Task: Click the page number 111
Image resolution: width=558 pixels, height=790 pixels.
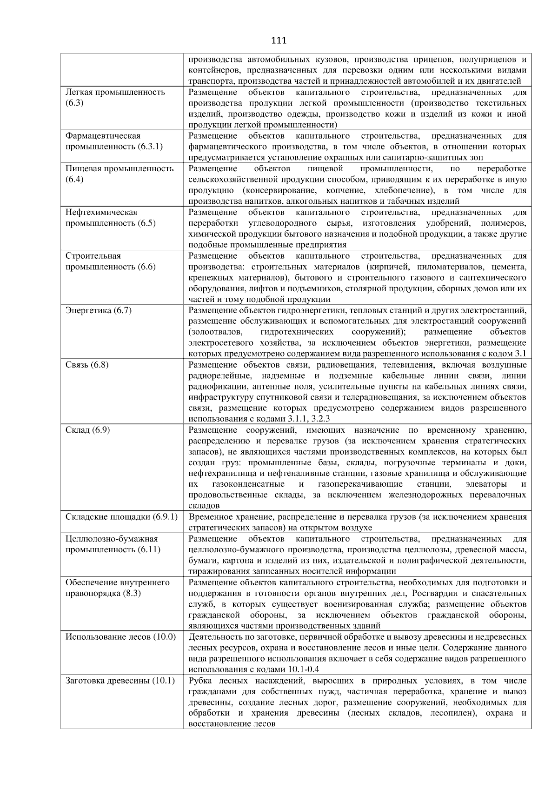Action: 279,40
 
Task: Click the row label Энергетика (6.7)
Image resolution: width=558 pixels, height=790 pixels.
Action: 99,310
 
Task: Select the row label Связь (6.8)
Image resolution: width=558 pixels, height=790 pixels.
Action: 87,365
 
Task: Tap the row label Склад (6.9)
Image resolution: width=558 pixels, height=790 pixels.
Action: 87,430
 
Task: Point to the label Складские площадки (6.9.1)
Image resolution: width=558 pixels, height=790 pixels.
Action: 121,517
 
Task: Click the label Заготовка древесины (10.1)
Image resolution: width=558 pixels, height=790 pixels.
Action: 120,681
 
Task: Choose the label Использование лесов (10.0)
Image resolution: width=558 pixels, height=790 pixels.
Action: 120,637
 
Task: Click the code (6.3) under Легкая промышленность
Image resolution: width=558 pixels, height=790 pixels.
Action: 74,103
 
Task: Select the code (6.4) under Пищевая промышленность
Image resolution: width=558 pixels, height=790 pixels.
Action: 74,179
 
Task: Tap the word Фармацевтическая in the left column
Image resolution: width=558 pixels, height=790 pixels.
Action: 103,136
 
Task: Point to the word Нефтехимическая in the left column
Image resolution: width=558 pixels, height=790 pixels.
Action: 101,212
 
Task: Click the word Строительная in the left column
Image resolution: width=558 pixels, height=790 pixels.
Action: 93,256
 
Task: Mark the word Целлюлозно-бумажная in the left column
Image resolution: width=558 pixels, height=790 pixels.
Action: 112,539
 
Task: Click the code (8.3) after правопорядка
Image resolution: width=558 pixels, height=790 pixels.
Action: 132,593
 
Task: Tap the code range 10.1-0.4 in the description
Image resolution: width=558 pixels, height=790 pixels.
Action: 301,669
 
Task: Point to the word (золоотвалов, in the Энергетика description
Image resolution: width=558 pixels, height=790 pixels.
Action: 216,332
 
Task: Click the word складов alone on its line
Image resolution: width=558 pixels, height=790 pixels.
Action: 204,506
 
